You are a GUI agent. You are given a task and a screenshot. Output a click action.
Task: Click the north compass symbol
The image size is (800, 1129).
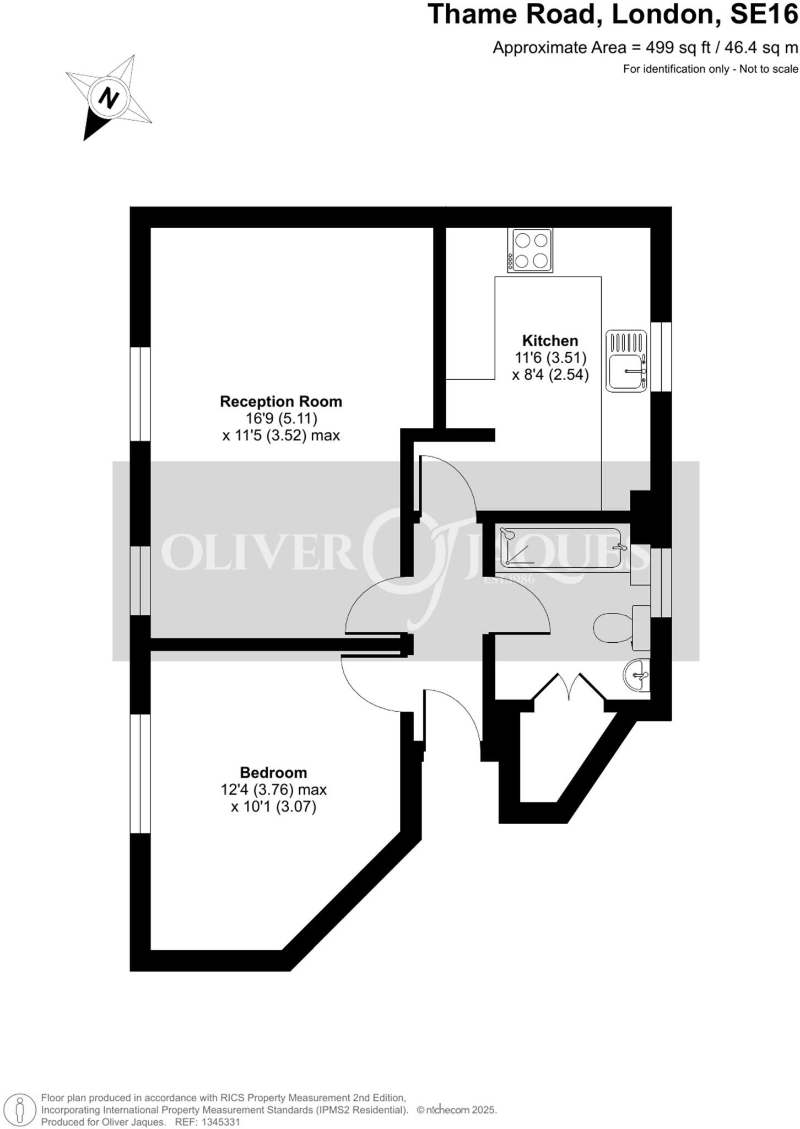(x=109, y=98)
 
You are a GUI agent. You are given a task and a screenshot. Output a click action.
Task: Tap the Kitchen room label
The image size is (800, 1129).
(x=550, y=341)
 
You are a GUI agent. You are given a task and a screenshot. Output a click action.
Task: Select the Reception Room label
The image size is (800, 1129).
(x=281, y=401)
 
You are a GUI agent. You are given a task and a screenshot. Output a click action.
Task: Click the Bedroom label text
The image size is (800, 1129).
(x=273, y=772)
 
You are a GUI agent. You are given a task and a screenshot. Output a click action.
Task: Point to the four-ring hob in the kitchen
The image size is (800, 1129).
(x=530, y=250)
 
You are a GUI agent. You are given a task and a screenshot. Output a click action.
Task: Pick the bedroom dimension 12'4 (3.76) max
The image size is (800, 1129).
(x=274, y=790)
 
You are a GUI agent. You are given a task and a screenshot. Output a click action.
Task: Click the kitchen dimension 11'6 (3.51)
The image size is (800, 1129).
(x=550, y=358)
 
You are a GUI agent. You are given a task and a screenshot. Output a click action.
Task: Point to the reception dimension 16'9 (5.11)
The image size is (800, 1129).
(x=281, y=418)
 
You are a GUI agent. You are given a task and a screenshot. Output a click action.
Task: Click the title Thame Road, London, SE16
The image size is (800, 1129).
(x=612, y=15)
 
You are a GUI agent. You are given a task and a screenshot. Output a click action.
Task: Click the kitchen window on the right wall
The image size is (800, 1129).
(x=661, y=357)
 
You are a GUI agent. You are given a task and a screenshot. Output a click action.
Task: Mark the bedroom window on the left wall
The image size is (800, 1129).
(x=140, y=773)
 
